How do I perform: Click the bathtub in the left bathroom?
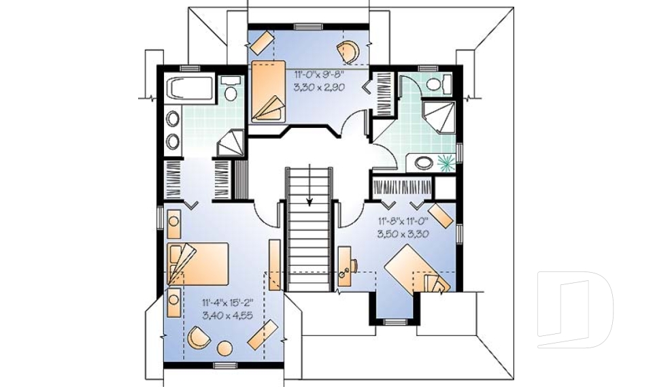[190, 88]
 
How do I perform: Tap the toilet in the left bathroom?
[231, 88]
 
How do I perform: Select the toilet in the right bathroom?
[438, 83]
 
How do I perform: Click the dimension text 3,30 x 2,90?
[320, 88]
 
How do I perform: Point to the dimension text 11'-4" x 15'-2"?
[227, 303]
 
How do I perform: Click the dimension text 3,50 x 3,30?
[403, 234]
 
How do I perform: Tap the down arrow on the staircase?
[309, 185]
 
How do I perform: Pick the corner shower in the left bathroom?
[231, 142]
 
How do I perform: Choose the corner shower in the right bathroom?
[439, 116]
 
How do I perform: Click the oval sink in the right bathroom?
[424, 163]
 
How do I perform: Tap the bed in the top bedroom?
[268, 92]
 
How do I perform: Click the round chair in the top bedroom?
[348, 52]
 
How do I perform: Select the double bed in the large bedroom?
[198, 264]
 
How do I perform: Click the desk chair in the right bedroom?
[355, 265]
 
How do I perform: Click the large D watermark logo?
[575, 309]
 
